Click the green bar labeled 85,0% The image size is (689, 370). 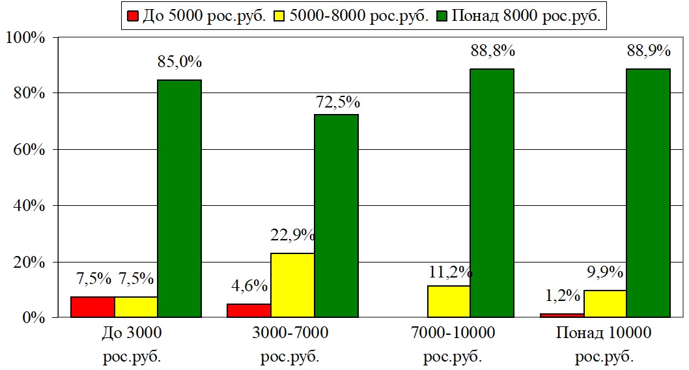point(180,199)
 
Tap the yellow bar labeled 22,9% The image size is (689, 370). point(292,285)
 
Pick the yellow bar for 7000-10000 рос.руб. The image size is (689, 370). point(449,302)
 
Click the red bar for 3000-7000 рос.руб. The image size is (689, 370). point(249,311)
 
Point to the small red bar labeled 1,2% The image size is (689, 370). point(561,315)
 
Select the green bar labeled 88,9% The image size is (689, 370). point(649,193)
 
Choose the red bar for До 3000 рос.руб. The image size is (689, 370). point(92,307)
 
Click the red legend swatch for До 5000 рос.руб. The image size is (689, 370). point(132,16)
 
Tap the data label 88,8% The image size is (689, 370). point(492,51)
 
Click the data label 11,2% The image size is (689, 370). point(449,270)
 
